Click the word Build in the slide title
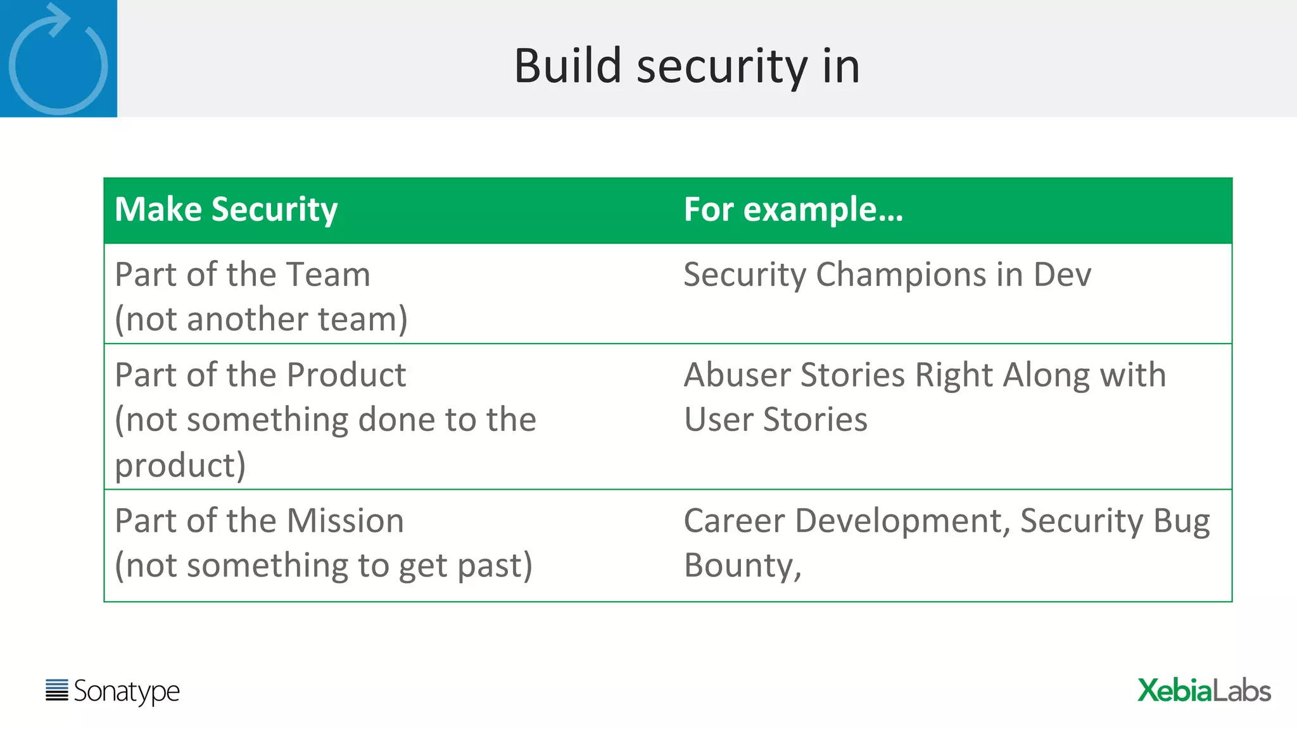(x=567, y=66)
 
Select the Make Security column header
(x=226, y=209)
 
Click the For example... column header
(x=793, y=209)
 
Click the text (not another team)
(x=261, y=319)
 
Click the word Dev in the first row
(x=1062, y=275)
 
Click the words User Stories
(x=775, y=420)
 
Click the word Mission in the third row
(x=345, y=521)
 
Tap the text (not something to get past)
(x=323, y=566)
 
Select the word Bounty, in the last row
(x=742, y=566)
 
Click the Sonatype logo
(x=113, y=691)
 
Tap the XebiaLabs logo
(x=1203, y=690)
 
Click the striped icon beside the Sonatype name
(x=57, y=690)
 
